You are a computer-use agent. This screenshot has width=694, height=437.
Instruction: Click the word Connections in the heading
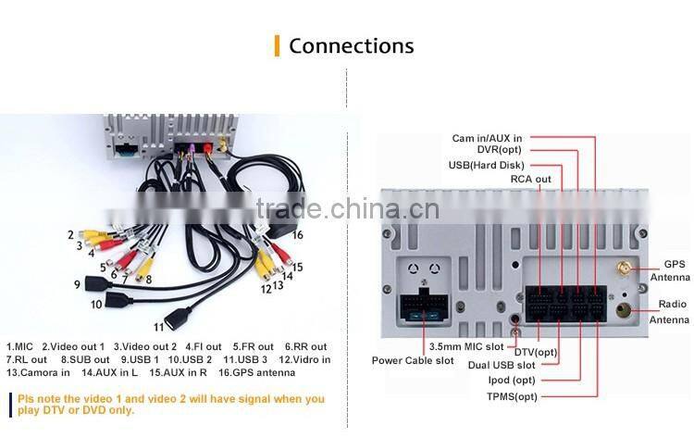click(352, 46)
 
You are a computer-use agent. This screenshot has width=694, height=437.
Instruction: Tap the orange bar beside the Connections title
click(277, 46)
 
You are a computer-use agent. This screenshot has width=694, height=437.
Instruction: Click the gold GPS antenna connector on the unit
click(625, 268)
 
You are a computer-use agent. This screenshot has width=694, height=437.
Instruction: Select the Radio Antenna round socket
click(623, 310)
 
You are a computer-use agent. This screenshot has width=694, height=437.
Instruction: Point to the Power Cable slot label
click(413, 360)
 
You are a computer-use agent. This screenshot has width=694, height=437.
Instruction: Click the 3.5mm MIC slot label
click(466, 346)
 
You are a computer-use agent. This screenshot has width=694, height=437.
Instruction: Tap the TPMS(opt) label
click(512, 396)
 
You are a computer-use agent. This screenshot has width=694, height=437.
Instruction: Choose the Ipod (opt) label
click(512, 380)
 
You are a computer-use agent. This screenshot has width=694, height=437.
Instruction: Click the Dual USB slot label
click(502, 366)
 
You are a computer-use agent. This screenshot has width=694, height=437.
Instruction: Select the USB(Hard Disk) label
click(487, 165)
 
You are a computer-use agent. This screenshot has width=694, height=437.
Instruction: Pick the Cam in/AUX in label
click(487, 138)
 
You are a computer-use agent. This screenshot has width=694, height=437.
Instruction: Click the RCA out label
click(531, 179)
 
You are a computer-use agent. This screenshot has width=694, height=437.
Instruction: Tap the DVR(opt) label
click(500, 150)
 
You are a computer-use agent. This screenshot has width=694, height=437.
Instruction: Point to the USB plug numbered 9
click(98, 282)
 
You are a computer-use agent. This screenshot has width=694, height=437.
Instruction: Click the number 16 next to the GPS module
click(297, 234)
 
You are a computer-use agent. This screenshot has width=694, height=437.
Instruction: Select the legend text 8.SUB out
click(85, 359)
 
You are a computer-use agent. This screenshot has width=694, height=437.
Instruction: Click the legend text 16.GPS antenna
click(256, 372)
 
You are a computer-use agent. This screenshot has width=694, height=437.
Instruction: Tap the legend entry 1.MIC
click(19, 346)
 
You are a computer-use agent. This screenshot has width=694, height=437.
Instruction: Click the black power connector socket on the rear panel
click(424, 306)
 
